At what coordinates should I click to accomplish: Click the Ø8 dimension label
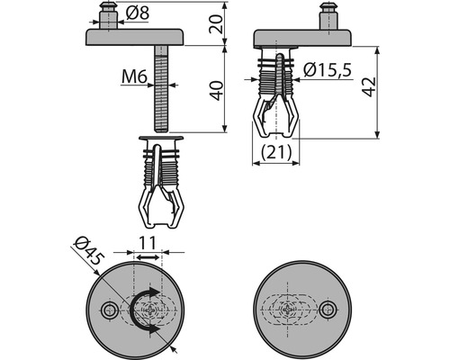click(x=138, y=13)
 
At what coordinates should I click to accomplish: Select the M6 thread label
click(x=134, y=76)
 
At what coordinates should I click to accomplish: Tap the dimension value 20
click(x=216, y=23)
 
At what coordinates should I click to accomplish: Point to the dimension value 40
click(x=216, y=91)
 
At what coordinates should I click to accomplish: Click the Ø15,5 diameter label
click(x=327, y=70)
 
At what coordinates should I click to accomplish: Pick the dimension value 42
click(x=368, y=87)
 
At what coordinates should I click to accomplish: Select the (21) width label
click(x=276, y=152)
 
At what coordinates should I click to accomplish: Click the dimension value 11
click(x=148, y=243)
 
